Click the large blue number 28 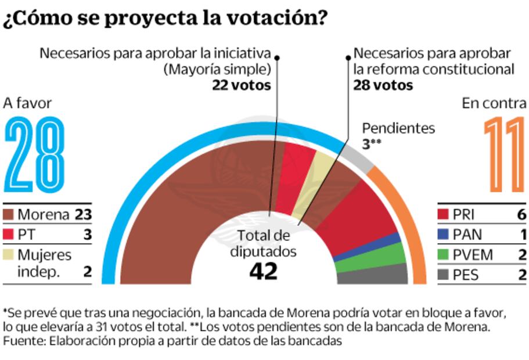point(35,155)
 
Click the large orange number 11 point(504,155)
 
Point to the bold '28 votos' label point(383,85)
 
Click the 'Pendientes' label point(398,128)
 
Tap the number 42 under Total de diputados point(263,271)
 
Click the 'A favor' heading point(28,103)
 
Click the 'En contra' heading point(494,103)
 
